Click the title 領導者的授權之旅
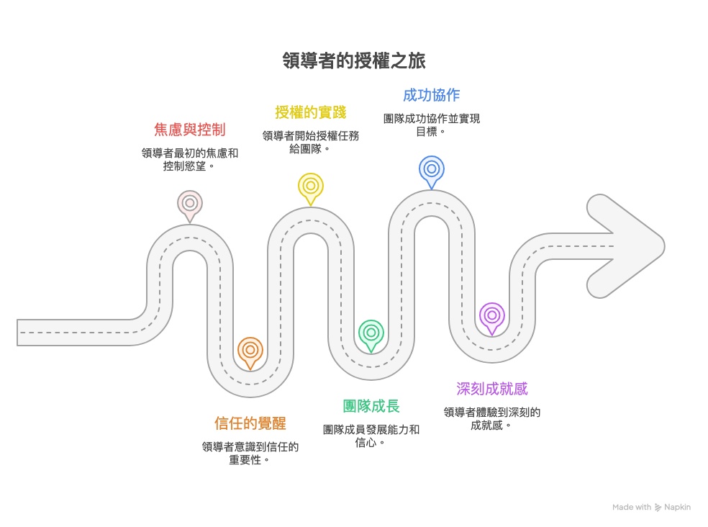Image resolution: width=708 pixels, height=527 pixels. (x=354, y=60)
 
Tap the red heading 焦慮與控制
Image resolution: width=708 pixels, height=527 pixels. (x=190, y=130)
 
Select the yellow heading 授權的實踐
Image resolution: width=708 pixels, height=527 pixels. (x=311, y=112)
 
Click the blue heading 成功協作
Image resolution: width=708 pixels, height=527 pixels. (x=432, y=95)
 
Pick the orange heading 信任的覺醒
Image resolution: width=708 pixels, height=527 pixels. (x=250, y=423)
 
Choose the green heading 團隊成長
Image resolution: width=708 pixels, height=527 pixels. (x=371, y=406)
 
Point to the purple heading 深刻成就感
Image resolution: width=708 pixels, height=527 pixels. (x=492, y=389)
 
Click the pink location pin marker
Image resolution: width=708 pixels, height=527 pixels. (x=190, y=204)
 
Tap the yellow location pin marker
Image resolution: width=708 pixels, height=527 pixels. (x=311, y=186)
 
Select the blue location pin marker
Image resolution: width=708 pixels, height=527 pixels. (x=432, y=169)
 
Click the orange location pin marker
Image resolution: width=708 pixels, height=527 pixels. (x=250, y=351)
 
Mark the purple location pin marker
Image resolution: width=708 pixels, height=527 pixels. (x=492, y=316)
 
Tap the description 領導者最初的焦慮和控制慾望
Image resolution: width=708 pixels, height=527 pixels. (x=190, y=159)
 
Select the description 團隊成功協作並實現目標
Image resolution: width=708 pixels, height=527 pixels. (x=432, y=125)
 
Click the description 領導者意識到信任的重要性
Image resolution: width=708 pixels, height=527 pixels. (x=250, y=453)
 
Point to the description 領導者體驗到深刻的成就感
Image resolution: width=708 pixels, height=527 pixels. (x=492, y=418)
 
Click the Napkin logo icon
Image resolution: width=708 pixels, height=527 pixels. (x=658, y=508)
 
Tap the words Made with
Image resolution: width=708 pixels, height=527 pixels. (x=632, y=508)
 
